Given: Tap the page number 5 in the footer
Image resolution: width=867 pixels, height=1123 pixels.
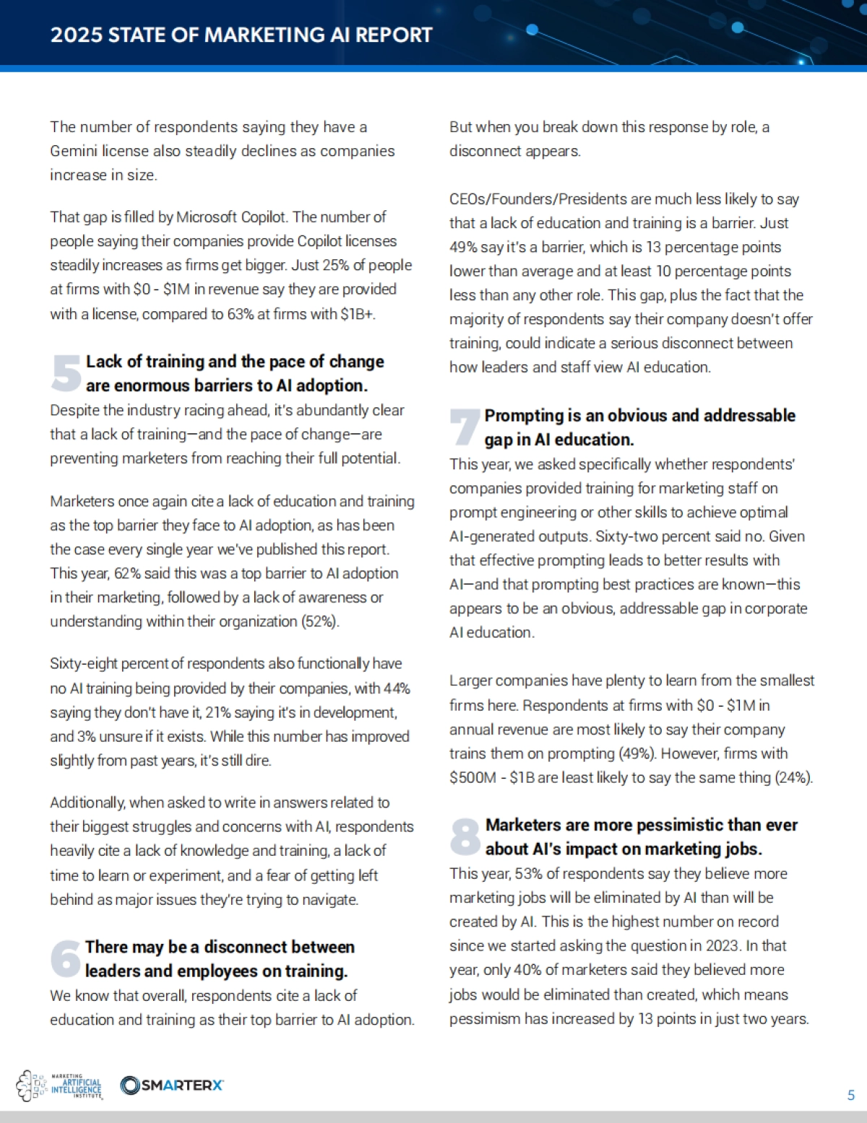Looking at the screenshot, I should pyautogui.click(x=850, y=1096).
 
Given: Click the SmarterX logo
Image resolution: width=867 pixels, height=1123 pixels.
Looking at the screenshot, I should pyautogui.click(x=172, y=1085).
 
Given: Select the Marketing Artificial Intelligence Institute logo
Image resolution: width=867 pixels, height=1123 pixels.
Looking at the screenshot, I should pyautogui.click(x=60, y=1085).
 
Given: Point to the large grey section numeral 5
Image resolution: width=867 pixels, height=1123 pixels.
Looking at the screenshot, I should pyautogui.click(x=66, y=373).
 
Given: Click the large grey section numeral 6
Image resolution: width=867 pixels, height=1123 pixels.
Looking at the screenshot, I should pyautogui.click(x=66, y=958).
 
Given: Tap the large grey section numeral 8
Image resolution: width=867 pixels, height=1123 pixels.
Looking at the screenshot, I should pyautogui.click(x=465, y=836).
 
